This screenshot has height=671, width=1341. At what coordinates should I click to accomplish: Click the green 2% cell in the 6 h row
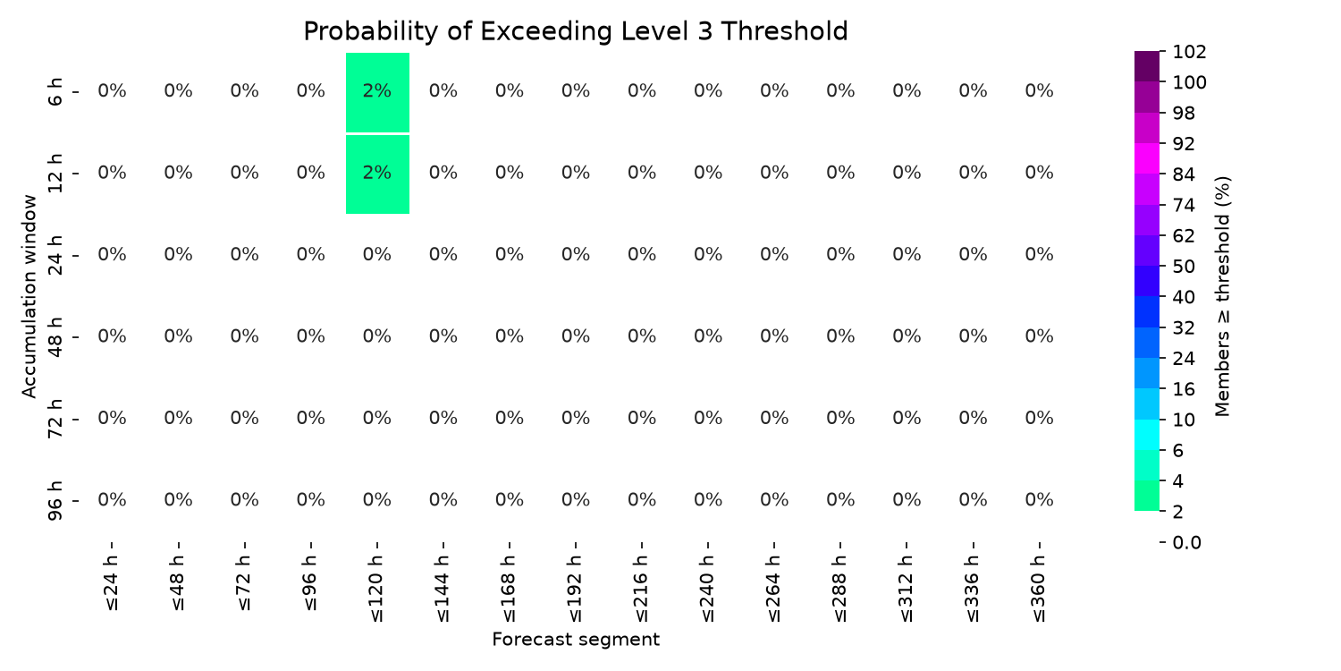tap(377, 92)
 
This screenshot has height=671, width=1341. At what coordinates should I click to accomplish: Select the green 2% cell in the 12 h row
tap(377, 174)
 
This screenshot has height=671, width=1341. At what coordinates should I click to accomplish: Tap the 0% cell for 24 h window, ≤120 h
tap(377, 255)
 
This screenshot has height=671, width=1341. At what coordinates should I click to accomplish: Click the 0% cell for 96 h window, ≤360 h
tap(1039, 499)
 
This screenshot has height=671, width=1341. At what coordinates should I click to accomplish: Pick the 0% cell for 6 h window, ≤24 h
tap(112, 91)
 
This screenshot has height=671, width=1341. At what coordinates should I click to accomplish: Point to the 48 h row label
tap(55, 336)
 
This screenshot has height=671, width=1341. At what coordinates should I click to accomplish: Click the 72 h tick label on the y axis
tap(55, 419)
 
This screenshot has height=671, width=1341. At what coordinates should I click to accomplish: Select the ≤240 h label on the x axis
tap(708, 589)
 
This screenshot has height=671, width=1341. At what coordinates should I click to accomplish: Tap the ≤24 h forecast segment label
tap(112, 583)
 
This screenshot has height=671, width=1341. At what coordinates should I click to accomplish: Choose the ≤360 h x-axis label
tap(1039, 589)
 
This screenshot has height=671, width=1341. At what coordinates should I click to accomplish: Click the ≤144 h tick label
tap(443, 589)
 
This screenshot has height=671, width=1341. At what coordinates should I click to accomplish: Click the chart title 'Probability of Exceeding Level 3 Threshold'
tap(576, 31)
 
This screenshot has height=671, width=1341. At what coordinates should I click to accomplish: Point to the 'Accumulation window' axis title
tap(29, 296)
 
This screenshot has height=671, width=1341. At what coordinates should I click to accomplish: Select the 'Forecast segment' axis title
tap(576, 640)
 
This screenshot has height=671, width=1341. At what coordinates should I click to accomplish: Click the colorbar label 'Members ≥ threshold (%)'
tap(1222, 296)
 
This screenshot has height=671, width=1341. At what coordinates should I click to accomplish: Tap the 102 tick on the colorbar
tap(1189, 52)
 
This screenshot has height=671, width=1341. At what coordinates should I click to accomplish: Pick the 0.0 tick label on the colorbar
tap(1186, 542)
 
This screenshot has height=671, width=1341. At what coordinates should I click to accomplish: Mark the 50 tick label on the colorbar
tap(1184, 267)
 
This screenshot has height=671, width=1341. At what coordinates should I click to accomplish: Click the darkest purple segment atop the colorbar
tap(1146, 66)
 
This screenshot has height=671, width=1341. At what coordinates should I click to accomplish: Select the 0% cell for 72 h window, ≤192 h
tap(576, 418)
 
